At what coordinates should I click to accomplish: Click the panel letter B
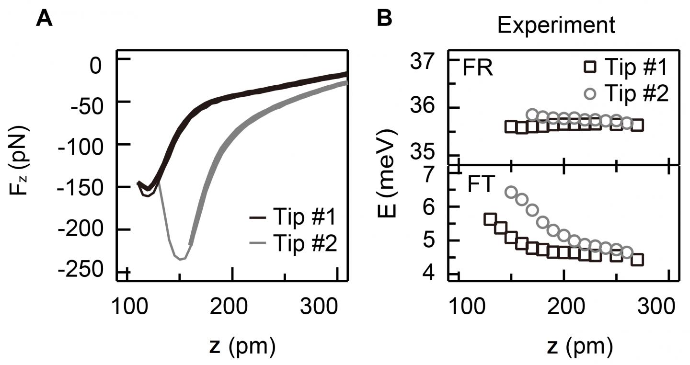[x=384, y=19]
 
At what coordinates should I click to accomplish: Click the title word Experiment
[x=556, y=25]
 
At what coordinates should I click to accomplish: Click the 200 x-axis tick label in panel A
[x=232, y=304]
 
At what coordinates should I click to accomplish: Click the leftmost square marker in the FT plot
[x=490, y=219]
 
